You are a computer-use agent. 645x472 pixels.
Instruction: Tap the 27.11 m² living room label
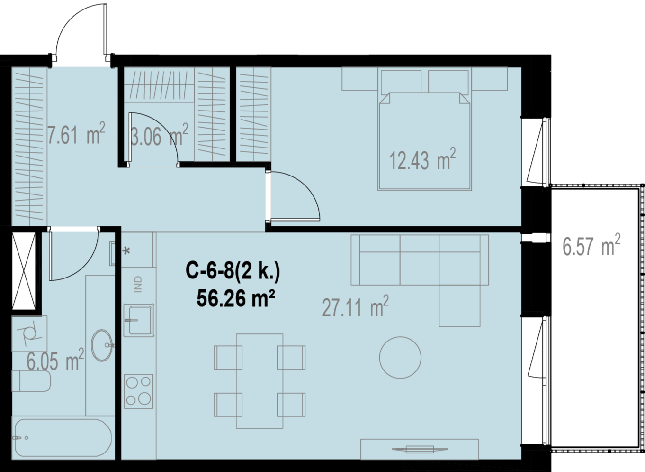[x=355, y=307]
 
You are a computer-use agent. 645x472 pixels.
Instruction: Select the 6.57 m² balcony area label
[x=591, y=246]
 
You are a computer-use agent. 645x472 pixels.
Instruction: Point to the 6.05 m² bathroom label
[x=55, y=360]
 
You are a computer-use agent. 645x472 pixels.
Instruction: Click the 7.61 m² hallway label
[x=76, y=134]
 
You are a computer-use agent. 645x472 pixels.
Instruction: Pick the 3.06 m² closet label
[x=159, y=135]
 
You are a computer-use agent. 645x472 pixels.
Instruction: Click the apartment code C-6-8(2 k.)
[x=233, y=270]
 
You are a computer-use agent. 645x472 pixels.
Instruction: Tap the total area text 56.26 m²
[x=235, y=298]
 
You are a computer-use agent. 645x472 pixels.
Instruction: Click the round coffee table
[x=400, y=358]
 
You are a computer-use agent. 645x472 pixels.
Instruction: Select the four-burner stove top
[x=138, y=391]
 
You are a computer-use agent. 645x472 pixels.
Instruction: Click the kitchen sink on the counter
[x=138, y=320]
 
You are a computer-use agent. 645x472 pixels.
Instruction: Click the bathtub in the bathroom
[x=63, y=438]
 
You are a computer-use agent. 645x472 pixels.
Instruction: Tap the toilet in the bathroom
[x=31, y=381]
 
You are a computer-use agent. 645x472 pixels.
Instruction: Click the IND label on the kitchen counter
[x=138, y=284]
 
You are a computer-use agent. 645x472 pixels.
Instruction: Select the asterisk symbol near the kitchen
[x=126, y=251]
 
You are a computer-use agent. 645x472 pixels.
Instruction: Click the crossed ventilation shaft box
[x=24, y=271]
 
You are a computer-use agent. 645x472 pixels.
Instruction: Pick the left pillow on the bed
[x=401, y=82]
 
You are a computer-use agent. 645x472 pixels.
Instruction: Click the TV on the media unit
[x=420, y=449]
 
